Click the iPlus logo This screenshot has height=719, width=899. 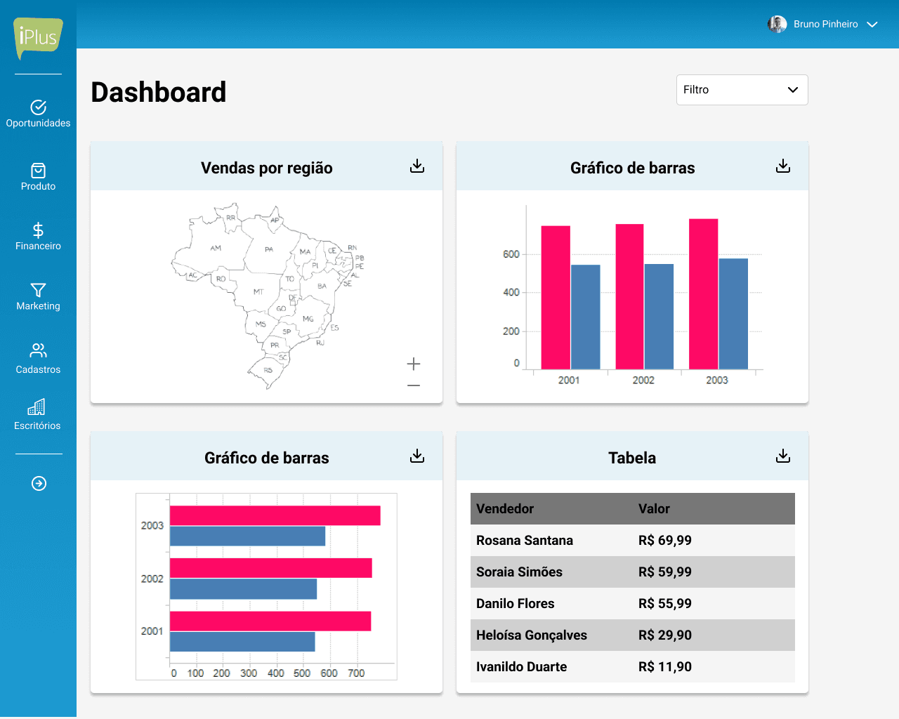click(38, 38)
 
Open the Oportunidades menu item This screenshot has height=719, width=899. click(38, 114)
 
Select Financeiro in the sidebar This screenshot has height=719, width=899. click(38, 237)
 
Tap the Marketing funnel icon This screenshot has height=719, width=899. click(38, 290)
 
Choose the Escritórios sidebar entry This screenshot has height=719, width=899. click(38, 414)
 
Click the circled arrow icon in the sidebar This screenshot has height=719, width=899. click(39, 483)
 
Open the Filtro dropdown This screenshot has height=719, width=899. click(742, 90)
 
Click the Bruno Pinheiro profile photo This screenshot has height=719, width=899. click(777, 25)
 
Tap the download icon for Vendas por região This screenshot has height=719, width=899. click(417, 166)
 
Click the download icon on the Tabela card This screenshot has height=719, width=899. click(783, 456)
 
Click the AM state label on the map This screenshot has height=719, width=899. click(216, 248)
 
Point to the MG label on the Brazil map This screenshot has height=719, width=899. click(308, 319)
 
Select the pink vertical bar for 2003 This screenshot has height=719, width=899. click(704, 294)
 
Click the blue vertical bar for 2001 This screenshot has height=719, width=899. click(585, 317)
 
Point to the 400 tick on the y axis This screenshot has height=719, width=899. click(511, 293)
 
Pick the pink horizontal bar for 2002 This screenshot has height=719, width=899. click(270, 568)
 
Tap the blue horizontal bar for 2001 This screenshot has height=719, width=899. click(242, 642)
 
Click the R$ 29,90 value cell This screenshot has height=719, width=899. click(665, 635)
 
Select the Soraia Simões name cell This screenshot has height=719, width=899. click(519, 572)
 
